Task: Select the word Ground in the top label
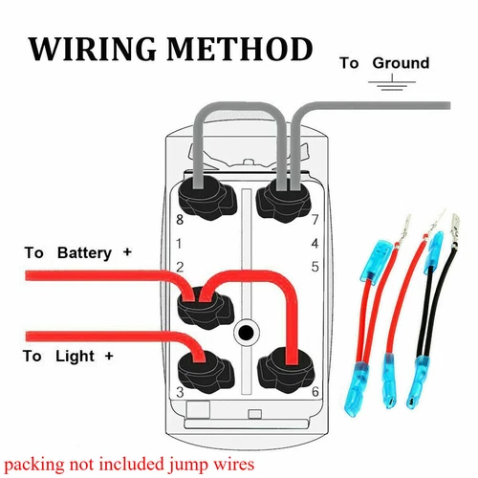(401, 63)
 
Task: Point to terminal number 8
(178, 221)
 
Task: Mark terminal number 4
(315, 244)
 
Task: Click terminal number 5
(315, 266)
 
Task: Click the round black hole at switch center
(247, 333)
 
